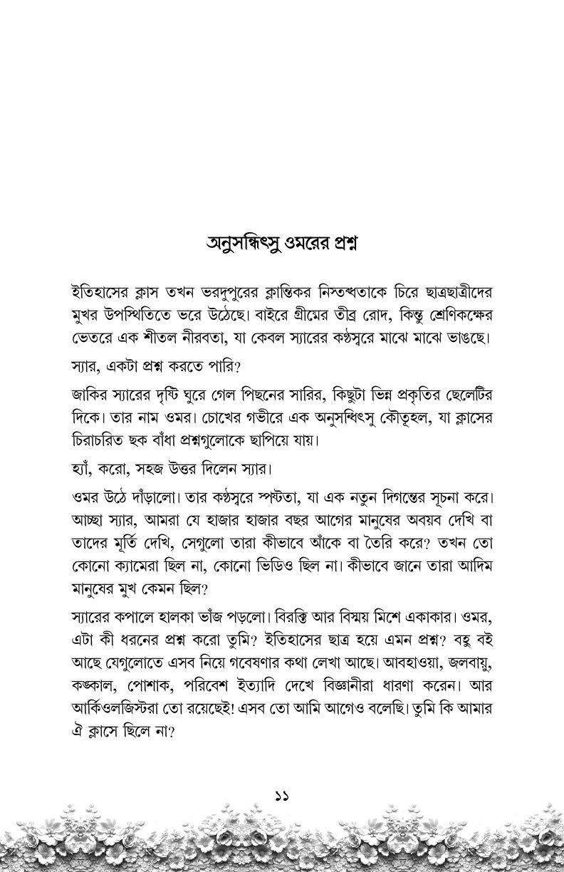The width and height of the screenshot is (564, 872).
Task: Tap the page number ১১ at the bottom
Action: (282, 794)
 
